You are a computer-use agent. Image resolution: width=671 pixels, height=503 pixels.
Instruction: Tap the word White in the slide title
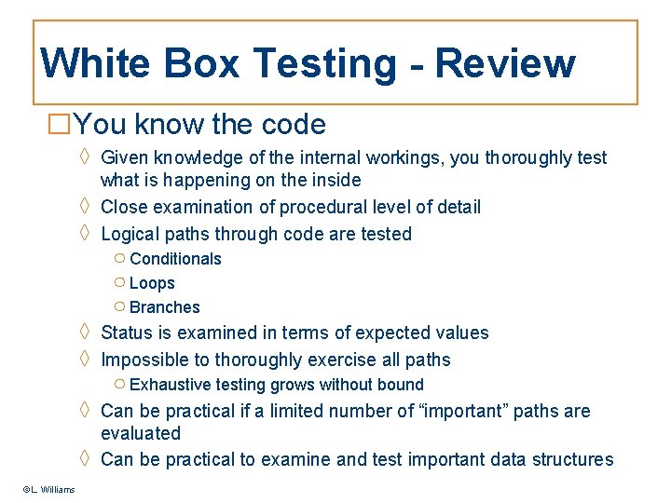coord(94,64)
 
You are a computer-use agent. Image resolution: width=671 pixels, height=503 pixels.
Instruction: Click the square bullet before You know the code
coord(59,124)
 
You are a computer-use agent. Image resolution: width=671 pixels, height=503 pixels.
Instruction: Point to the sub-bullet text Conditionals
coord(175,259)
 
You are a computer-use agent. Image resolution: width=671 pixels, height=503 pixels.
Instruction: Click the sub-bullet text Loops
coord(152,283)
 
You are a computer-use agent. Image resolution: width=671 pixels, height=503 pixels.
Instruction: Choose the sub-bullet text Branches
coord(164,307)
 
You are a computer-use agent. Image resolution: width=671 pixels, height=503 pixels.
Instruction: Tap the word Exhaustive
coord(171,385)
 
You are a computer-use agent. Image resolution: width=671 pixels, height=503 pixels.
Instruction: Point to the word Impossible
coord(145,360)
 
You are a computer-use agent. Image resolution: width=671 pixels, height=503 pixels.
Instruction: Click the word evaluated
coord(141,433)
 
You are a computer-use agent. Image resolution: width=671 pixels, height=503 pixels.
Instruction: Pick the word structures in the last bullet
coord(571,459)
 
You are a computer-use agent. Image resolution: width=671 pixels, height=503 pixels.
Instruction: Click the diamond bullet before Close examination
coord(85,207)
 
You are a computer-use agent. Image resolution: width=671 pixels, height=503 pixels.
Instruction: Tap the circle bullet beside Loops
coord(119,283)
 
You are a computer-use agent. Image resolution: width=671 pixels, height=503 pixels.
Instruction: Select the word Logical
coord(130,234)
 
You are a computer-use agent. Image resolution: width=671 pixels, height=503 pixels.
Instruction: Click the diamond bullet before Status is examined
coord(85,333)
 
